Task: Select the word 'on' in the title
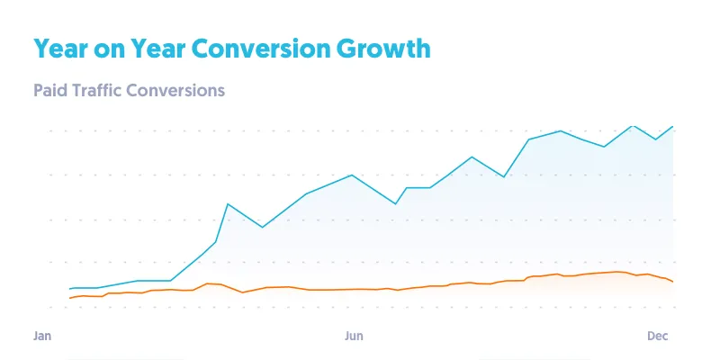pos(112,49)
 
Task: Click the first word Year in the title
pos(63,49)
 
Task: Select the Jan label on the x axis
pos(41,336)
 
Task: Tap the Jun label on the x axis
pos(354,336)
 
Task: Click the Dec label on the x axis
pos(658,336)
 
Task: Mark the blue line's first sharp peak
pos(228,204)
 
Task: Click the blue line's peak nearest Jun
pos(351,175)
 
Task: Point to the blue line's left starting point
pos(70,289)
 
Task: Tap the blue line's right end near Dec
pos(672,127)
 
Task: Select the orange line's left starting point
pos(70,298)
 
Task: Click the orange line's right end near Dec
pos(672,282)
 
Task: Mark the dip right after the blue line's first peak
pos(262,227)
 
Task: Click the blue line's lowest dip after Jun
pos(396,204)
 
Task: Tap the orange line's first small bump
pos(208,283)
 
